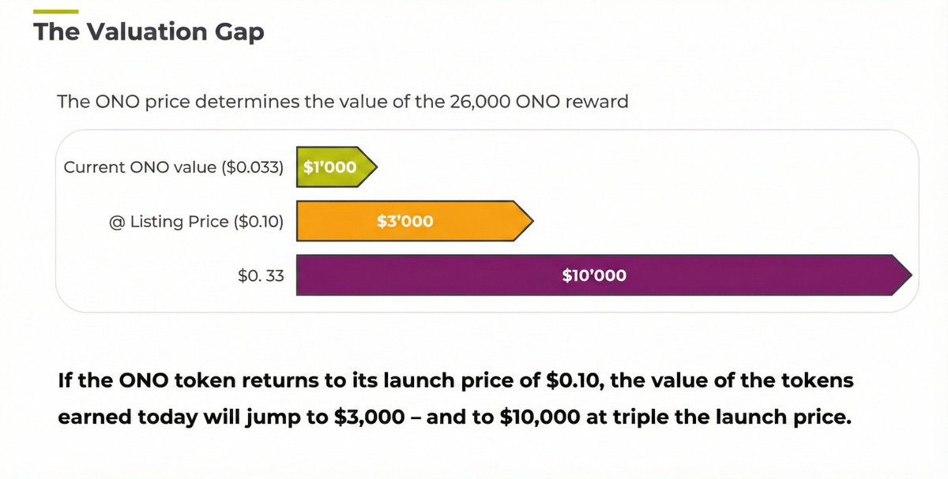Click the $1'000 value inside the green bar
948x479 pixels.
[x=329, y=167]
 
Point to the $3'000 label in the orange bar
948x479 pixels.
[x=405, y=222]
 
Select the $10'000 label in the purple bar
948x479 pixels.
[x=594, y=275]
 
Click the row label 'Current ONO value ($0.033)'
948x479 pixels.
[x=173, y=167]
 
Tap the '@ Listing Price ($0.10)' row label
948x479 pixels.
[x=197, y=222]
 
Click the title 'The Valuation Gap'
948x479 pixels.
[x=149, y=32]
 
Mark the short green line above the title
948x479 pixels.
[x=55, y=11]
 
